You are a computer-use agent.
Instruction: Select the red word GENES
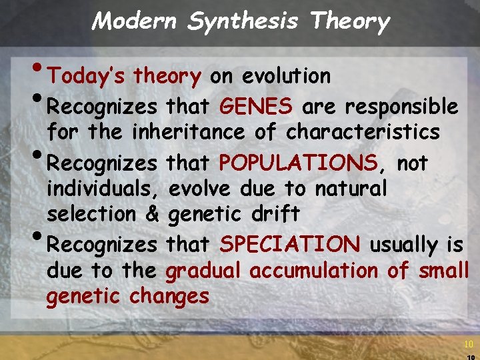click(256, 107)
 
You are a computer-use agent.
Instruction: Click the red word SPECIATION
click(290, 245)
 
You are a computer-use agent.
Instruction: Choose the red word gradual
click(205, 271)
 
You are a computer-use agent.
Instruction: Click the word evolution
click(286, 77)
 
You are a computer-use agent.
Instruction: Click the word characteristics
click(363, 133)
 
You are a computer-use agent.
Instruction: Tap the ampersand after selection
click(151, 214)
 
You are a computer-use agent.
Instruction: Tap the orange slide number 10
click(468, 344)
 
